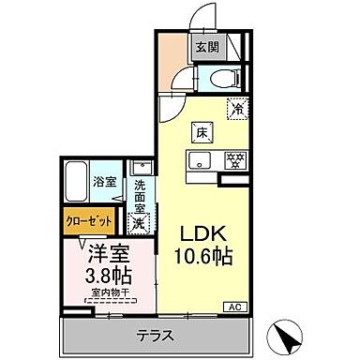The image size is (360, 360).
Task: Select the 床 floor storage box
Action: (x=202, y=132)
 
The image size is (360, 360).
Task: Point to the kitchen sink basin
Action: (x=201, y=158)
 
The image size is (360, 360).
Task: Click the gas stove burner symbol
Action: (x=234, y=158)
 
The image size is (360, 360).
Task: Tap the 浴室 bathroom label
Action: (x=104, y=182)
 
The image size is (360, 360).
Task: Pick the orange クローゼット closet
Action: (x=90, y=223)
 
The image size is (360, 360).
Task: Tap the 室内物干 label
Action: (x=112, y=297)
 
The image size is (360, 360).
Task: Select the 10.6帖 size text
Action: (x=202, y=255)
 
